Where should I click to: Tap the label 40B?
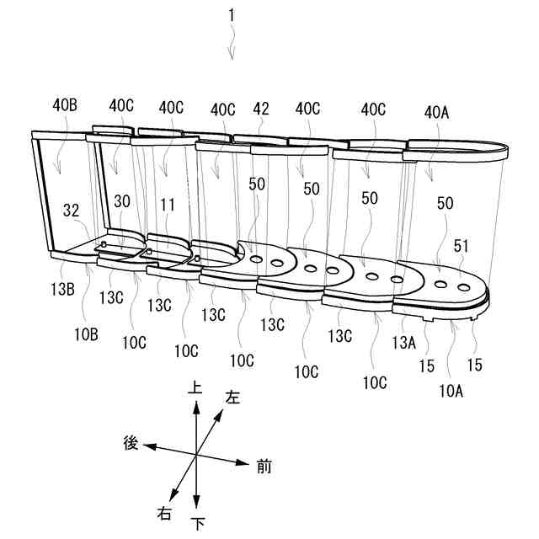pyautogui.click(x=66, y=107)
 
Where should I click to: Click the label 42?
pyautogui.click(x=262, y=109)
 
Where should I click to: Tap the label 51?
pyautogui.click(x=460, y=248)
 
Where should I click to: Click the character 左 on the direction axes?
pyautogui.click(x=233, y=398)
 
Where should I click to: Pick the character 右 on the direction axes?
pyautogui.click(x=164, y=512)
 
